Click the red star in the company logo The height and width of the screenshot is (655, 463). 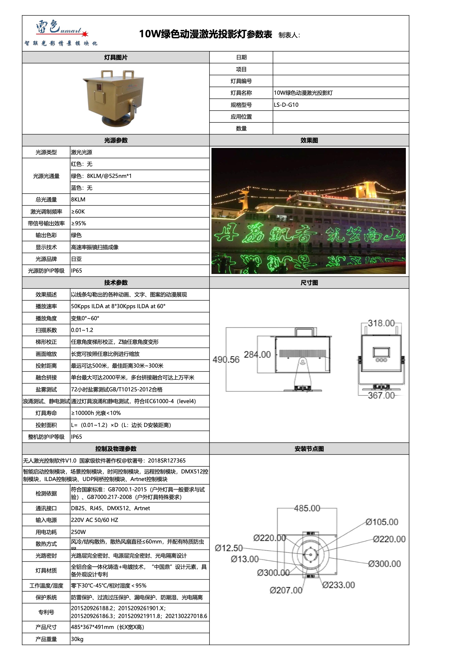85,34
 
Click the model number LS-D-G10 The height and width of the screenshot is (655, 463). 286,105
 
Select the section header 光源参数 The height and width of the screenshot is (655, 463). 116,140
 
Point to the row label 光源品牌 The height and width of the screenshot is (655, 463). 46,259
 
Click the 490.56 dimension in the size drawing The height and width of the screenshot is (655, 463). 226,360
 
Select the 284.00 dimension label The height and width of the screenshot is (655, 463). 257,355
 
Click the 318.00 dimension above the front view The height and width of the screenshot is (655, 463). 381,323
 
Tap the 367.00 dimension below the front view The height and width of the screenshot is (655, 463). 381,395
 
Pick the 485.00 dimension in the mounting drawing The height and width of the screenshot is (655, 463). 307,508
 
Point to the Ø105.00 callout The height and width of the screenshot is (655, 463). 382,522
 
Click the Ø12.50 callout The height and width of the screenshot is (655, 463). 229,548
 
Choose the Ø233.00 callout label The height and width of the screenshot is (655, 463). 338,585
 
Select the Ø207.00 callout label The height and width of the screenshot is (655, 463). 286,590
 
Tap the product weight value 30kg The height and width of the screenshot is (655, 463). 77,639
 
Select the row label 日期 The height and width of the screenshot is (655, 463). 241,57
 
